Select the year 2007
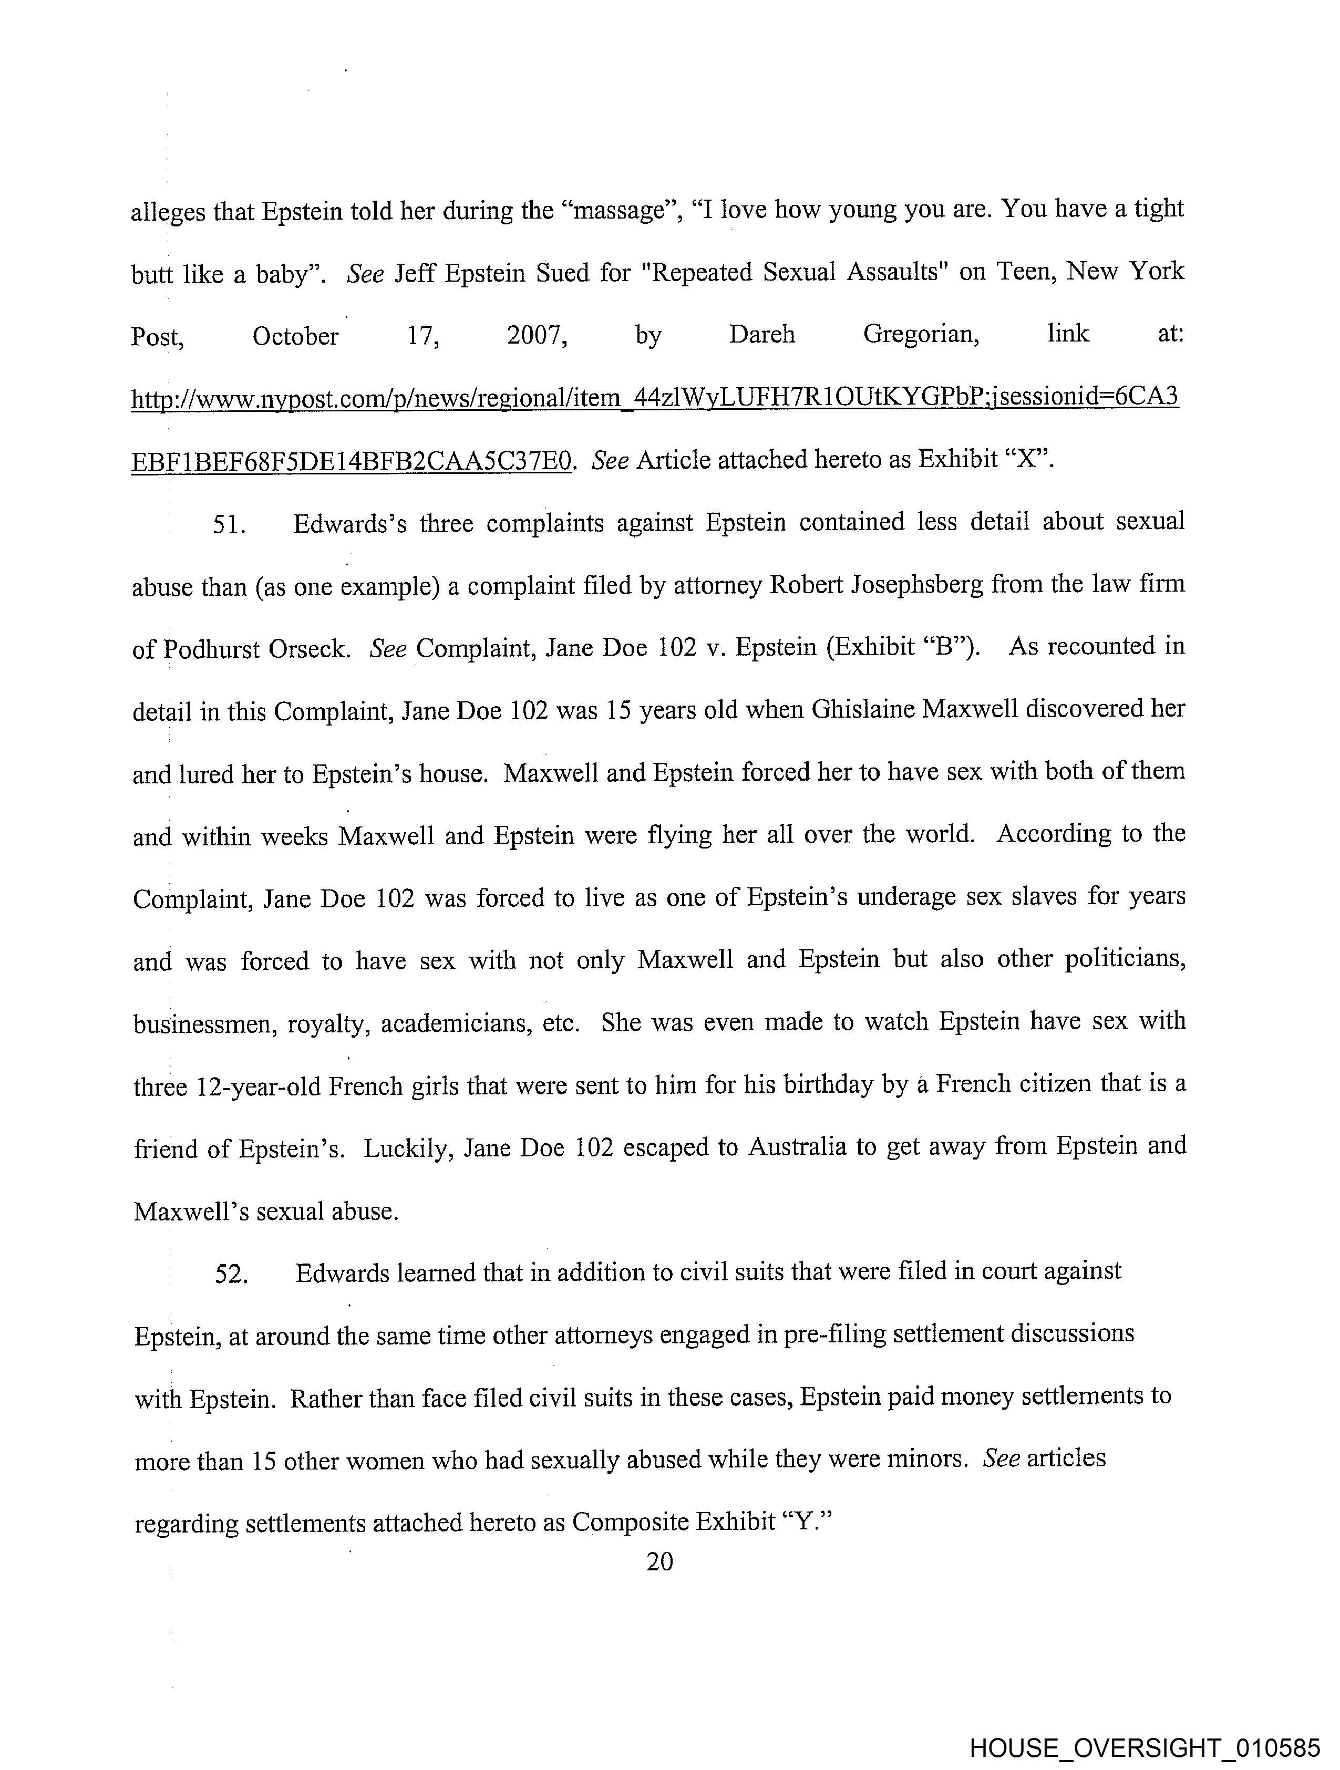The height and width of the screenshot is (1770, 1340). (537, 335)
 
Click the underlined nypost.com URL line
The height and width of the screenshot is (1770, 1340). (654, 398)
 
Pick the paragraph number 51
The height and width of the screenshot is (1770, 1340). (228, 525)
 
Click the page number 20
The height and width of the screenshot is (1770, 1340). (659, 1561)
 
